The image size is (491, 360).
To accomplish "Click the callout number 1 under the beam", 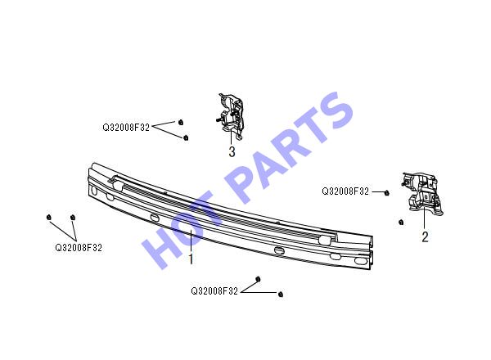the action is tap(191, 259).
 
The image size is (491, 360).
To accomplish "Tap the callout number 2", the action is tap(425, 237).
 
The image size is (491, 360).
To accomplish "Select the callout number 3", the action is tap(232, 151).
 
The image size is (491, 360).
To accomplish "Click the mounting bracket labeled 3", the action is tap(231, 115).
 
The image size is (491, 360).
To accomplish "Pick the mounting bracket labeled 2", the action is tap(422, 193).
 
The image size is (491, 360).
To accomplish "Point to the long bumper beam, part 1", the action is tap(231, 217).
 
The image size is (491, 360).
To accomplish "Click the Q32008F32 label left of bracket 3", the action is tap(126, 128).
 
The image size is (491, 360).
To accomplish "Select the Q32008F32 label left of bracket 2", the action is tap(345, 191).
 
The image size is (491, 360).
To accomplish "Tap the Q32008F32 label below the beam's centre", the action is tap(214, 291).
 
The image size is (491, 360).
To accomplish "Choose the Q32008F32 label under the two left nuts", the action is tap(79, 248).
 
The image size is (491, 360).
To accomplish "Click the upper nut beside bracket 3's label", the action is tap(181, 122).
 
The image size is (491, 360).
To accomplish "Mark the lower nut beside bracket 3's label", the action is tap(186, 137).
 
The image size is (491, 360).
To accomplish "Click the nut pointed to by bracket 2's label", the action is tap(387, 193).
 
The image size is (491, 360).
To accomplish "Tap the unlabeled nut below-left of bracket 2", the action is tap(401, 222).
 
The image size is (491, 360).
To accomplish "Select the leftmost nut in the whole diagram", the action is tap(48, 217).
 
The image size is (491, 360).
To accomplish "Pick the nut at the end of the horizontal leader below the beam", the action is tap(281, 294).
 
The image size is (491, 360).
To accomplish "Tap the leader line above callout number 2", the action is tap(424, 218).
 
